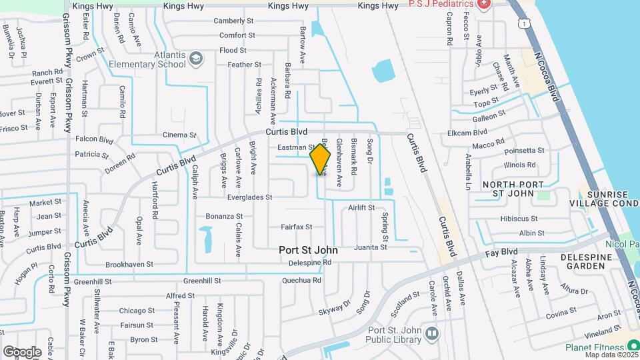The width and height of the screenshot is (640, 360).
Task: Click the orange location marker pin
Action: pyautogui.click(x=321, y=159)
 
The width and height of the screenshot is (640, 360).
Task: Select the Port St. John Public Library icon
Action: pyautogui.click(x=433, y=333)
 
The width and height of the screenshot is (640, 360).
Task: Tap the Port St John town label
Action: pyautogui.click(x=308, y=251)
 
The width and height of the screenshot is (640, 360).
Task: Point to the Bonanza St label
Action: pyautogui.click(x=224, y=216)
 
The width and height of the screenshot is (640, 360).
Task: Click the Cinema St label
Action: pyautogui.click(x=179, y=135)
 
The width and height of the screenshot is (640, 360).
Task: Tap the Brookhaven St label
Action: pyautogui.click(x=129, y=264)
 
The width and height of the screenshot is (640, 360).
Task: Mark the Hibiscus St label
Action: pyautogui.click(x=519, y=219)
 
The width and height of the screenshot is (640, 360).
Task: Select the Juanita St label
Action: pyautogui.click(x=371, y=247)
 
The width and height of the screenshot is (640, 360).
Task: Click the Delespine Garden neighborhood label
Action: pyautogui.click(x=583, y=261)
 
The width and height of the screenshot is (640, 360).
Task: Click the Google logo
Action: pyautogui.click(x=22, y=351)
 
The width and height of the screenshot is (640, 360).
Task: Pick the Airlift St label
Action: pyautogui.click(x=362, y=208)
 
